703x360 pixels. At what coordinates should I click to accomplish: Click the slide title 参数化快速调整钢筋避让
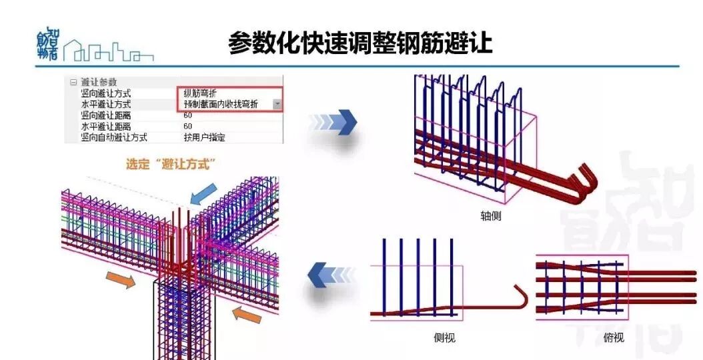(x=360, y=42)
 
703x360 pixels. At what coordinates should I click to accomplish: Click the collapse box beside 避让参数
(x=73, y=82)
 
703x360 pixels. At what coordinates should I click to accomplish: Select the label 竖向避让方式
(x=105, y=93)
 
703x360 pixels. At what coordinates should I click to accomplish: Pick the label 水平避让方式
(x=105, y=104)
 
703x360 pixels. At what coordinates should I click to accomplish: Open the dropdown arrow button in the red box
(x=277, y=104)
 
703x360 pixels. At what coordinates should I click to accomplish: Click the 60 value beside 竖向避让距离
(x=188, y=115)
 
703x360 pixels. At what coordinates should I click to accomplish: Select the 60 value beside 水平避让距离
(x=188, y=126)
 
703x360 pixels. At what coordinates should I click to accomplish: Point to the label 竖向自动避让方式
(x=113, y=137)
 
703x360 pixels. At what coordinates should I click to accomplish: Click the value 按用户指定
(x=204, y=137)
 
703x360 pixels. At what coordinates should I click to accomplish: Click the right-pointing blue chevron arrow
(x=333, y=122)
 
